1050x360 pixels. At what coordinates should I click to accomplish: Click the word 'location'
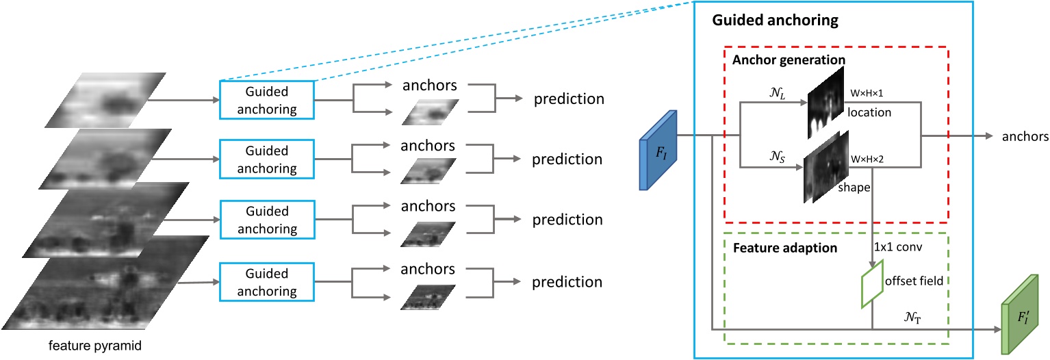869,112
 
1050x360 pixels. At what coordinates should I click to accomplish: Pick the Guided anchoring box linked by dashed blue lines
266,99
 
